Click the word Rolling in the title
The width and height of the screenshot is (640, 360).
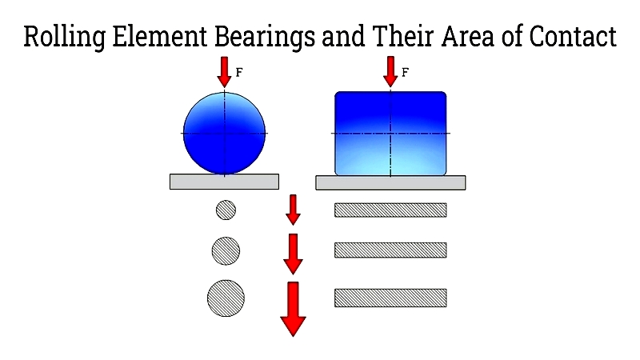64,37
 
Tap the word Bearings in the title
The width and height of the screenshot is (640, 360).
265,37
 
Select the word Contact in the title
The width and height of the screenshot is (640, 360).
573,36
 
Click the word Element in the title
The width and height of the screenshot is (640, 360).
159,36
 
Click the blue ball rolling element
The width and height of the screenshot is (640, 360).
224,133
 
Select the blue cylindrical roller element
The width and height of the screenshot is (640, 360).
390,134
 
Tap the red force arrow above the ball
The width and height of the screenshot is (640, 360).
224,72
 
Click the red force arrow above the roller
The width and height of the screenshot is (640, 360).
390,71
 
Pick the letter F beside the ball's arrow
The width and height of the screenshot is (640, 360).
239,72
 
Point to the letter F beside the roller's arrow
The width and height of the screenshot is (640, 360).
405,72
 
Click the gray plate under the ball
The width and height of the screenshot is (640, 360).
224,182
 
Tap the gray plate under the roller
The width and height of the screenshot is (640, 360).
390,182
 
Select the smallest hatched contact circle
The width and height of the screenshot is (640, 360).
226,210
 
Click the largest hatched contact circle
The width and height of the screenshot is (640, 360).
226,298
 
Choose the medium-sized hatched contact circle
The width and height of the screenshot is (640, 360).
226,251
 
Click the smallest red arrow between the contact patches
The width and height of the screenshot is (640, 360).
293,210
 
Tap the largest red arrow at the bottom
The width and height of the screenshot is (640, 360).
293,309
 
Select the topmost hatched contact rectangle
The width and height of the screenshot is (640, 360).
390,210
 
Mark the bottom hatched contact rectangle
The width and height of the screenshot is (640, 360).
390,298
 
